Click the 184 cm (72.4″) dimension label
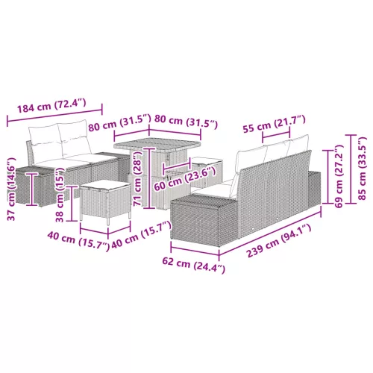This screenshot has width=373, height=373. click(x=51, y=105)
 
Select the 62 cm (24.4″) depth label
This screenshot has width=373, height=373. click(x=194, y=266)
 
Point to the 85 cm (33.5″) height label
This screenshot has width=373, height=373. click(x=363, y=169)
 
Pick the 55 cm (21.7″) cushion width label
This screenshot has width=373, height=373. click(x=274, y=124)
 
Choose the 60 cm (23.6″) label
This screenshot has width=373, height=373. click(x=184, y=180)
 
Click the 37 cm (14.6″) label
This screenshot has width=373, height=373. click(x=11, y=189)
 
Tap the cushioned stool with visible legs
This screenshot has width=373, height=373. click(x=105, y=201)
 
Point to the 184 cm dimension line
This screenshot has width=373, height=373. click(x=54, y=113)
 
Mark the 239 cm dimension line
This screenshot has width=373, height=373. click(x=270, y=232)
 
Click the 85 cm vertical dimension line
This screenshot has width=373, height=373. click(x=353, y=169)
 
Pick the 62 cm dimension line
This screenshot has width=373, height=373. click(x=195, y=250)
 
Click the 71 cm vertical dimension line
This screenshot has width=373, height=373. click(x=148, y=178)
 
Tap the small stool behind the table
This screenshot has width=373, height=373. click(x=207, y=172)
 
